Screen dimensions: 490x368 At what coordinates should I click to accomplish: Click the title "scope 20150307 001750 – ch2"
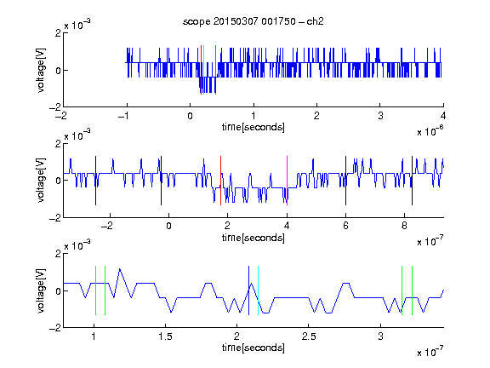point(254,21)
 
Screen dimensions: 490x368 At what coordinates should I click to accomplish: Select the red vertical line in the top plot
point(201,70)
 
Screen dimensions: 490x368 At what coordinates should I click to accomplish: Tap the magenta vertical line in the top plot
point(215,70)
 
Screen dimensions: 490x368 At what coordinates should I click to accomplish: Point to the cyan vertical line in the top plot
point(203,70)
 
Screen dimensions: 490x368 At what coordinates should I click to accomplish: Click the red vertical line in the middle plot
point(220,181)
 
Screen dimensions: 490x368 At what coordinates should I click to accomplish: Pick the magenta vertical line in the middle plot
point(287,181)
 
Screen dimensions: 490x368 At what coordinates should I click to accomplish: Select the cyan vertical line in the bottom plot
point(258,290)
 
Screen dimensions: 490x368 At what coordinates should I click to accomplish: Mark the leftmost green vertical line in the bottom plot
point(95,290)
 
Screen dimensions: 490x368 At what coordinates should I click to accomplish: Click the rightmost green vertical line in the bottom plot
point(413,290)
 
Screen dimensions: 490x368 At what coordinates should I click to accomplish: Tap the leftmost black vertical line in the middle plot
point(95,181)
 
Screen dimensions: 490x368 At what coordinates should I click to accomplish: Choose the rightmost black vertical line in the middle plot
point(412,181)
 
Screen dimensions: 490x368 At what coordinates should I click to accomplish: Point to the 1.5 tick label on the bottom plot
point(165,336)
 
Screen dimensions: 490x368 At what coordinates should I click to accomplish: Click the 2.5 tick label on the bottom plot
point(309,336)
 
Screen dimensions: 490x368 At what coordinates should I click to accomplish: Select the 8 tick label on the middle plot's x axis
point(404,226)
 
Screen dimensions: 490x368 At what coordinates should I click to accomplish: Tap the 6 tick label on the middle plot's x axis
point(345,226)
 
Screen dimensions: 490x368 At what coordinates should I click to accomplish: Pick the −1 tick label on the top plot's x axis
point(123,116)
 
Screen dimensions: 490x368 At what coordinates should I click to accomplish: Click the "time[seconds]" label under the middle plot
point(254,238)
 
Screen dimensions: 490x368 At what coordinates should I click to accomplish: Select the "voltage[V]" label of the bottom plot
point(41,290)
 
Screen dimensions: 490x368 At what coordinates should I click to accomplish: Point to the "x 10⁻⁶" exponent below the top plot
point(430,131)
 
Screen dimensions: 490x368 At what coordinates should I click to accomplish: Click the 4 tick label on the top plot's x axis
point(443,116)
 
